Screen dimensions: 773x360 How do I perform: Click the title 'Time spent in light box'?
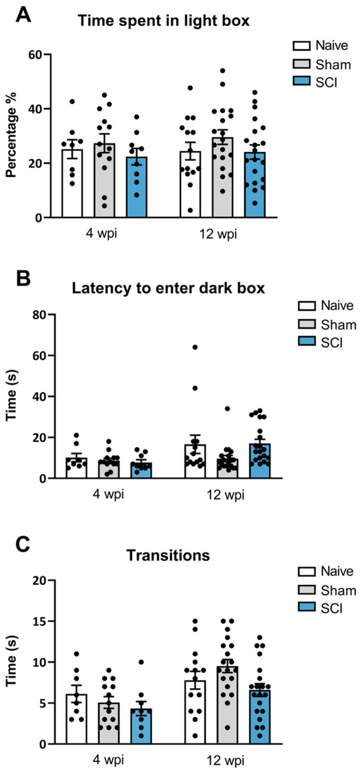(163, 21)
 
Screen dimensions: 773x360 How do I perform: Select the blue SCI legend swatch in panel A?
(301, 81)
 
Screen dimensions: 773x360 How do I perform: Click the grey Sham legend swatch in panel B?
(306, 324)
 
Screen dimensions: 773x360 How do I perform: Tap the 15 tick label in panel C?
(41, 621)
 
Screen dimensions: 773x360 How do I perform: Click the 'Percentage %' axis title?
(11, 135)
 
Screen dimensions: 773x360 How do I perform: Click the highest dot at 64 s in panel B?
(195, 347)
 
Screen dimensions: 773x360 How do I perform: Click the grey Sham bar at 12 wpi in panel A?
(223, 177)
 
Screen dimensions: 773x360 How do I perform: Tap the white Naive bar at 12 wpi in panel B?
(195, 461)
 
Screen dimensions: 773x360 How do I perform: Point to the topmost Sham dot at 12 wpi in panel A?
(223, 71)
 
